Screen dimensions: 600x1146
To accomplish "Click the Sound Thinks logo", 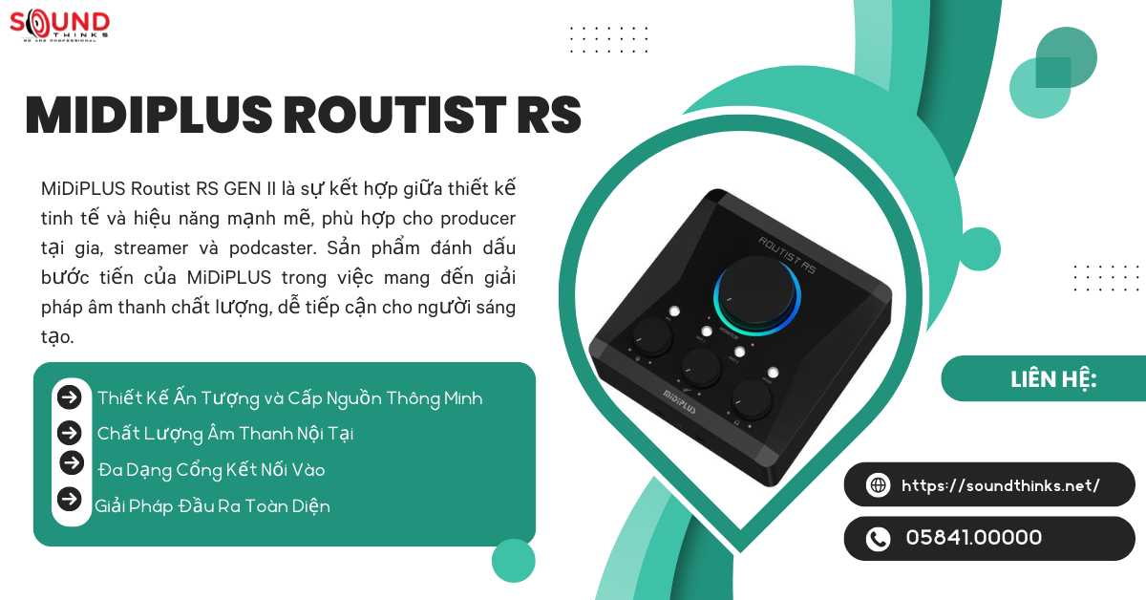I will point(59,25).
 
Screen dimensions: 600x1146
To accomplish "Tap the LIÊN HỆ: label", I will point(1053,379).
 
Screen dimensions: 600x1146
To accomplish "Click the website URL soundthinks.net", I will point(1001,485).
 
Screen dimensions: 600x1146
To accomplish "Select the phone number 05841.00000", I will point(973,538).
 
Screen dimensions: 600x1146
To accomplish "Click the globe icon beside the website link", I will point(878,485).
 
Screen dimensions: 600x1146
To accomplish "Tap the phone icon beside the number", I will point(878,539).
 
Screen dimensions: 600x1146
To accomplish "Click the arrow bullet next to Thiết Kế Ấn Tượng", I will point(69,397).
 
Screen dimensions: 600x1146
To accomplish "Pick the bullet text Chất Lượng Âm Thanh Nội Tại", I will point(225,434).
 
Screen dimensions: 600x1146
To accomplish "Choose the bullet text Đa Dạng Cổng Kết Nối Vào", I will point(211,470).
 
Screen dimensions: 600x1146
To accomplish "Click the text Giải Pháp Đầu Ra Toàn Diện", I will point(212,506).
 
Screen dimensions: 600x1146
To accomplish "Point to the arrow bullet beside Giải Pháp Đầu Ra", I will point(69,499).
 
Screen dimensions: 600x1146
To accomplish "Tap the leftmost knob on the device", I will point(652,335).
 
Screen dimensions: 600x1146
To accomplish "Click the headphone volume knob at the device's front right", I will point(752,400).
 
